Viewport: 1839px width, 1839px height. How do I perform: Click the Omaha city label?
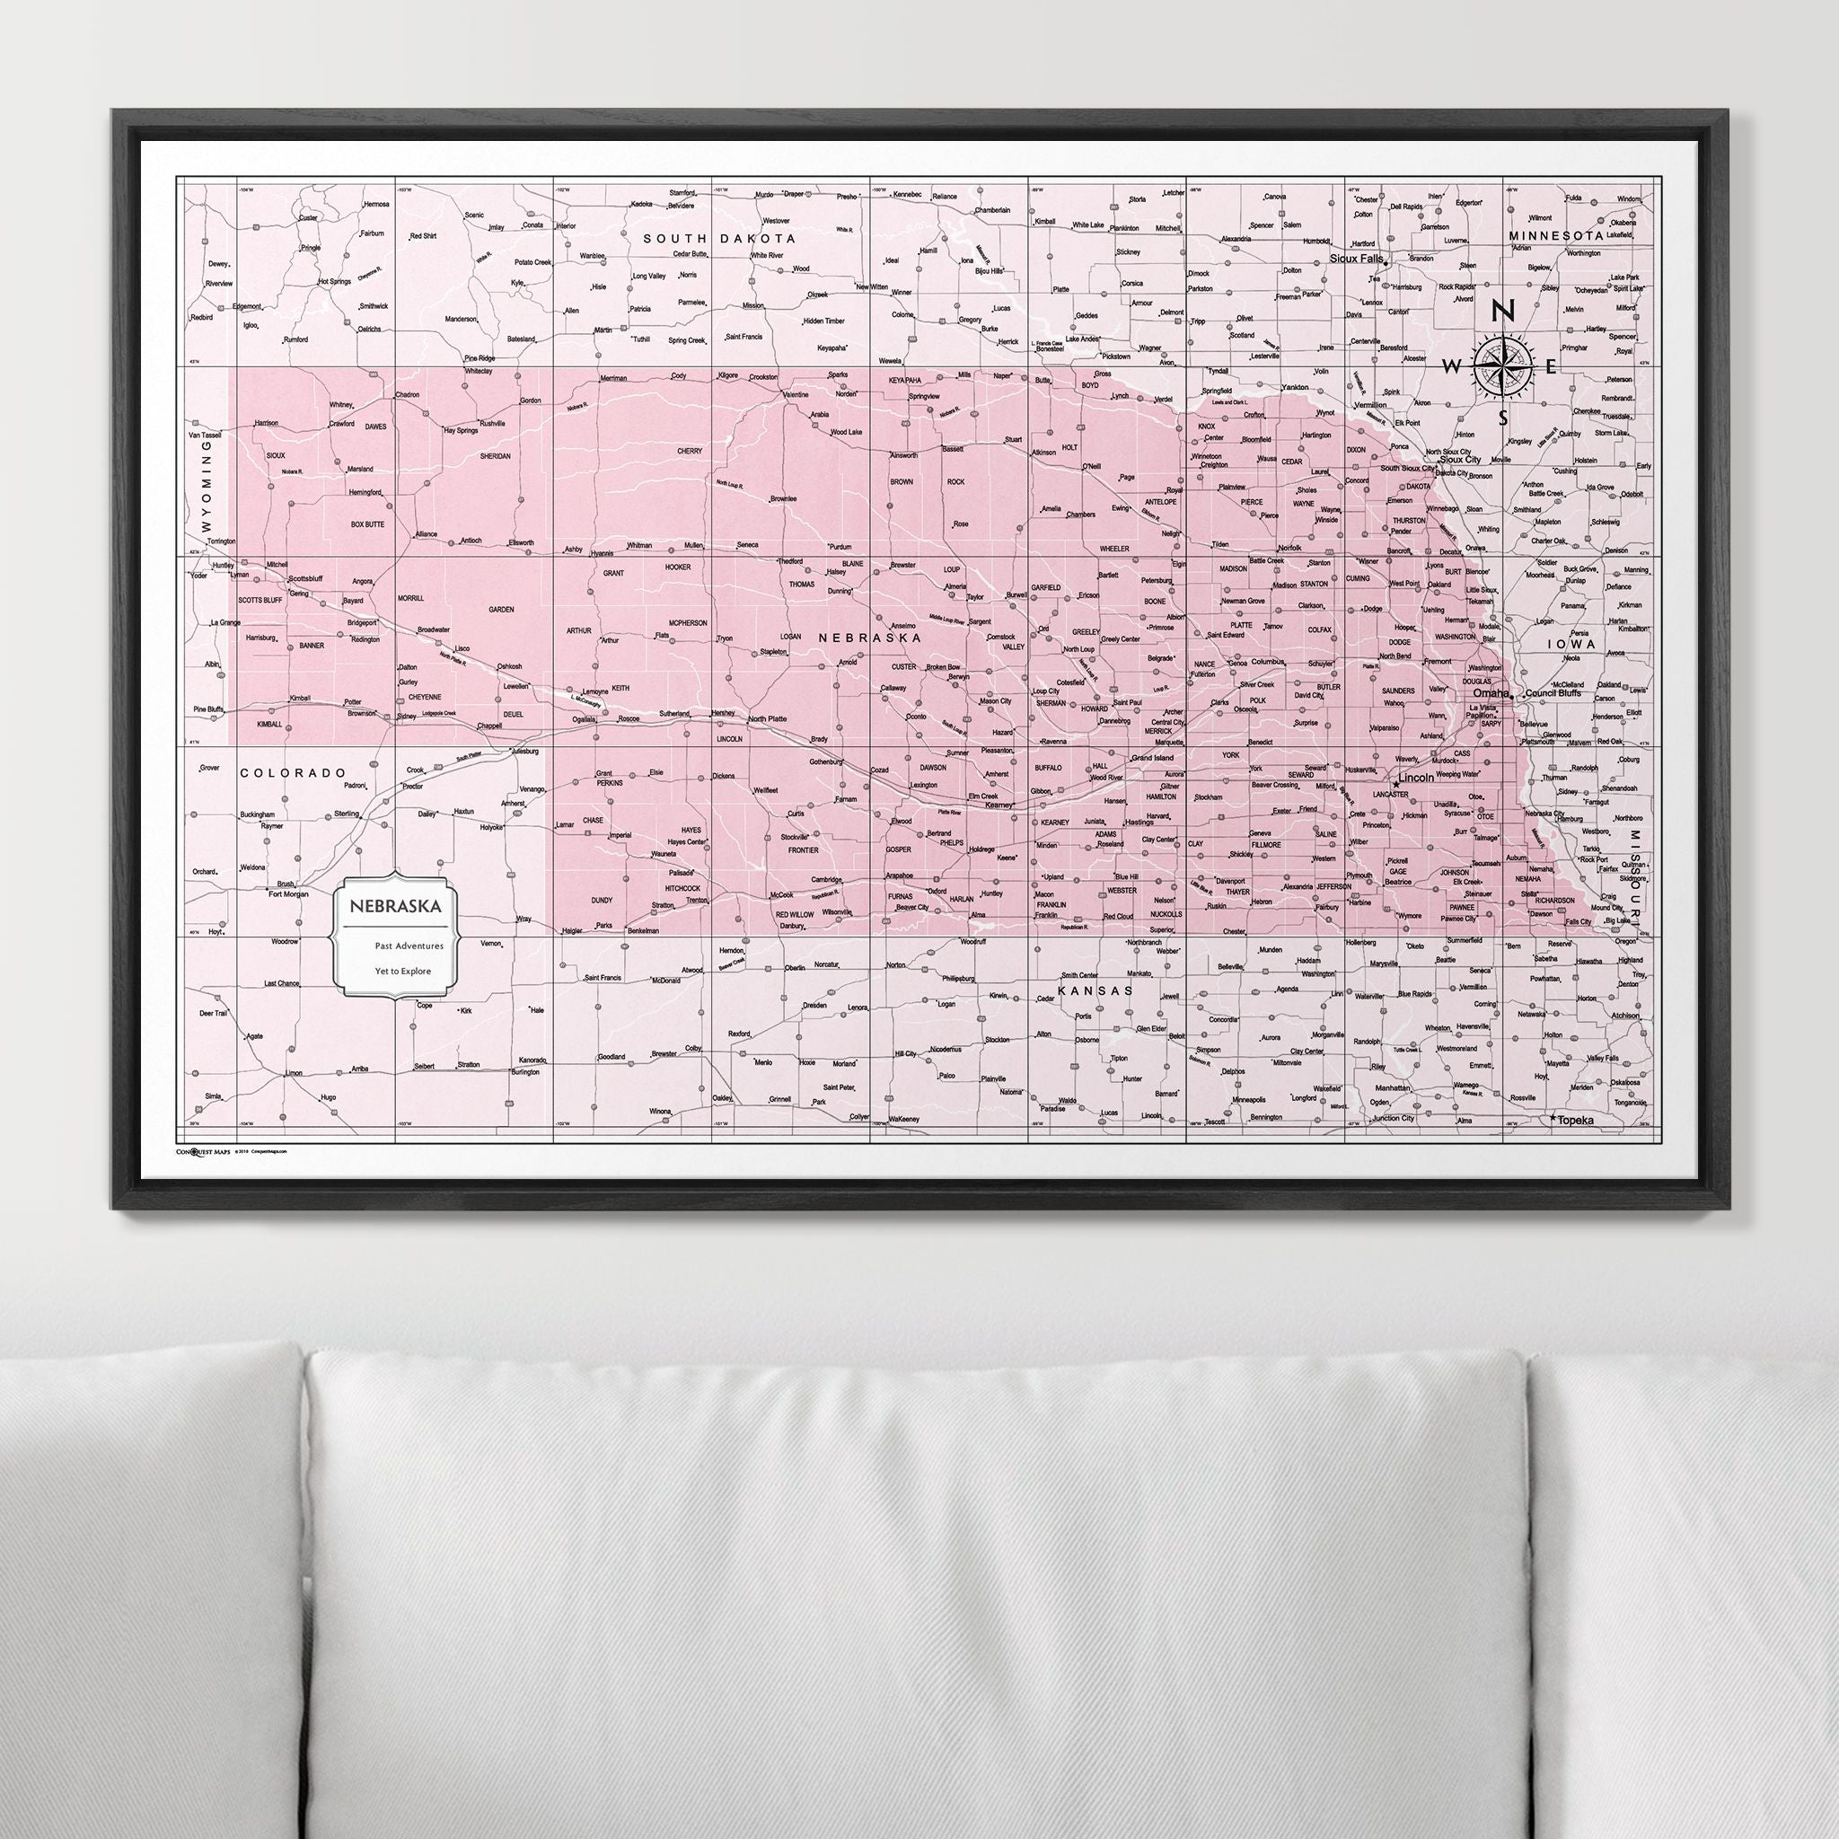click(x=1490, y=693)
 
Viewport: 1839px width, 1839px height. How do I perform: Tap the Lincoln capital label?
click(x=1417, y=778)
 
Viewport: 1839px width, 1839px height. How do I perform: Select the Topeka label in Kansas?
click(x=1574, y=1122)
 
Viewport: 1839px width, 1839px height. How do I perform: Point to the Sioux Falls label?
click(x=1357, y=258)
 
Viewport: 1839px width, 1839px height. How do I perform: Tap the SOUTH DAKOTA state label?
click(x=718, y=238)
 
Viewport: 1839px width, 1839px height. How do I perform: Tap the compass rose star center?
click(x=1502, y=365)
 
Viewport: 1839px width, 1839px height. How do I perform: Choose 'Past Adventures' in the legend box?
click(x=402, y=947)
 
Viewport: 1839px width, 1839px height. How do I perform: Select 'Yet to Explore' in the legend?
click(x=402, y=971)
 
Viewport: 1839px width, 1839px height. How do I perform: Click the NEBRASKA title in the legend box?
click(x=395, y=906)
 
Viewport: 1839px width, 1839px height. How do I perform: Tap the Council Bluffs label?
click(x=1553, y=693)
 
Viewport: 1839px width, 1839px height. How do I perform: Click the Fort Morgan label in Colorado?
click(x=289, y=893)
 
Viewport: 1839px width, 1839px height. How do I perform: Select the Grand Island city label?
click(x=1153, y=758)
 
